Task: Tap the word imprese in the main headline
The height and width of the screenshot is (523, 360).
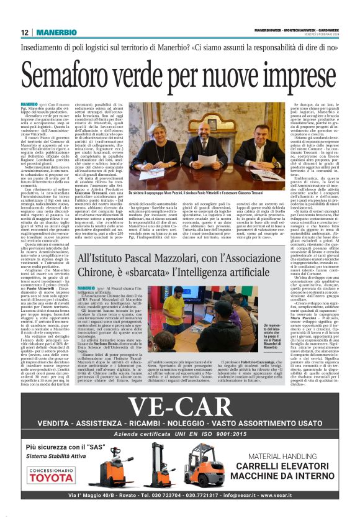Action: click(291, 76)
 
